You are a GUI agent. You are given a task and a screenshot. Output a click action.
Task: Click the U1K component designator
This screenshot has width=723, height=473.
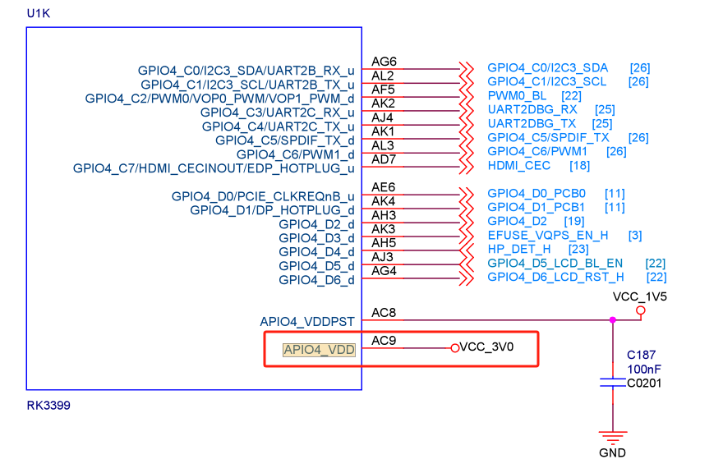39,14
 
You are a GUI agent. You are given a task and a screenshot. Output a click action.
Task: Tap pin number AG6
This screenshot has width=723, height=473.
384,62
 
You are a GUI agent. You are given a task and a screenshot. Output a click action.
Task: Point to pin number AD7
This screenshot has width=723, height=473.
384,159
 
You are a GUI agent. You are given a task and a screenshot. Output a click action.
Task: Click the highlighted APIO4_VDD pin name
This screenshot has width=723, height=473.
319,350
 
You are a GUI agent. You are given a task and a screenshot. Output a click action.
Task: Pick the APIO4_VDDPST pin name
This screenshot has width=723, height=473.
307,321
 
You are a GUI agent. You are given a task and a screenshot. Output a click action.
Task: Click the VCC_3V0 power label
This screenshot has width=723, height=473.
486,347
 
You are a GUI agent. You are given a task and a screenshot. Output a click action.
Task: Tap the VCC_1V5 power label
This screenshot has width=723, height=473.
640,295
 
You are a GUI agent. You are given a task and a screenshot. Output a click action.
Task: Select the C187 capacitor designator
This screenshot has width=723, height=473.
642,355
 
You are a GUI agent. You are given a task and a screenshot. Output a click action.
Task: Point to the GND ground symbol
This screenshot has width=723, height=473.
612,439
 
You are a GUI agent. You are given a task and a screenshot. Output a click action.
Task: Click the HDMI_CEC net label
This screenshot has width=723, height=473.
518,166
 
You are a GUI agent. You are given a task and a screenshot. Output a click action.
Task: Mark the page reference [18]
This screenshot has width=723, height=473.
580,166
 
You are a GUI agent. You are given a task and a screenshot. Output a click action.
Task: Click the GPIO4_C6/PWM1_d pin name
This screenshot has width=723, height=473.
295,154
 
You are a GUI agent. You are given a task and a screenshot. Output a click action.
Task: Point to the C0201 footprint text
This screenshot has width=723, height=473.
644,383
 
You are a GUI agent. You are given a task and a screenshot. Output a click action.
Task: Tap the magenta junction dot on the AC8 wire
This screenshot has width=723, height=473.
612,319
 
